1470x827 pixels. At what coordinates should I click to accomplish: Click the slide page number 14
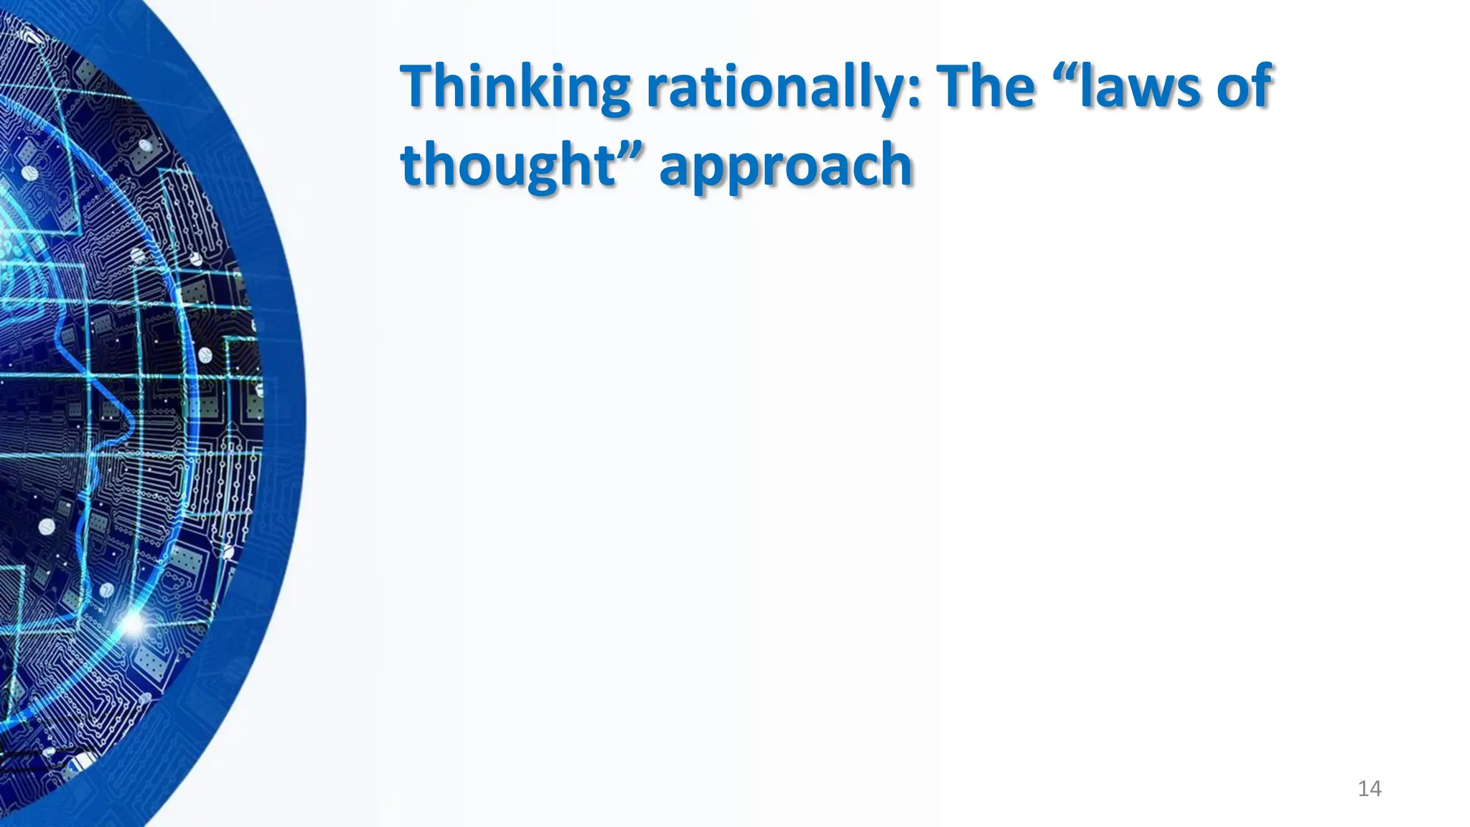[x=1370, y=789]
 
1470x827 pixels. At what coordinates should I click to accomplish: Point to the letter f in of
[x=1263, y=84]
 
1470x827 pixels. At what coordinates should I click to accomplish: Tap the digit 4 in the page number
[x=1375, y=789]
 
